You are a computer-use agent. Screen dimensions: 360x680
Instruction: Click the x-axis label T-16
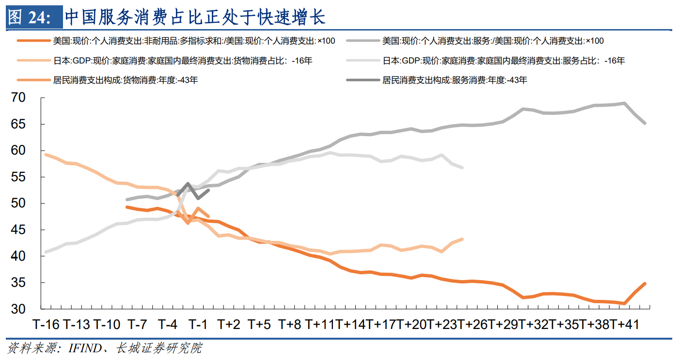point(46,324)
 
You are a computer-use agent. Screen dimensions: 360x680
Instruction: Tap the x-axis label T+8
point(290,324)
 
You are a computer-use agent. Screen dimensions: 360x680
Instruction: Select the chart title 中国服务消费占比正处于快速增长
point(195,17)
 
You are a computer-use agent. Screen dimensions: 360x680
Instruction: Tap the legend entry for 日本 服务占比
point(503,61)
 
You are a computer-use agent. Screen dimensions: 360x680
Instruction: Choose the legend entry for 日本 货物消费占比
point(182,61)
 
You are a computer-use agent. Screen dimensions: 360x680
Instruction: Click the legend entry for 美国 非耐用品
point(194,41)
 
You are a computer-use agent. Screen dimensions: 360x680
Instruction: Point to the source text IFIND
point(86,348)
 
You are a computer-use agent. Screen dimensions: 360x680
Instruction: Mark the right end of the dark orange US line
point(645,283)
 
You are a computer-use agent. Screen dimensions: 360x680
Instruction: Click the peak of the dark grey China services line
point(188,184)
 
